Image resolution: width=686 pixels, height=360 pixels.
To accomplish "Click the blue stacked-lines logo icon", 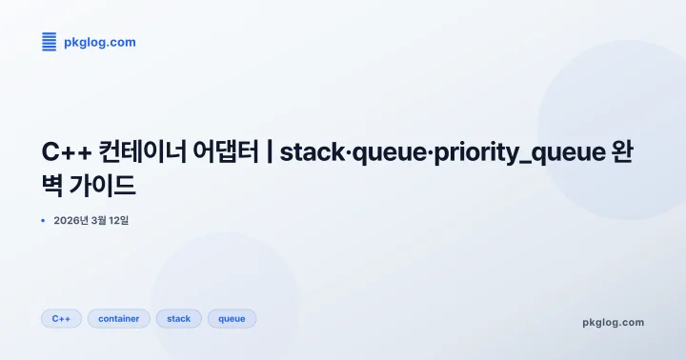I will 49,41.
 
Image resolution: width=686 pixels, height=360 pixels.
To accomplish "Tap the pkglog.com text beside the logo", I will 99,42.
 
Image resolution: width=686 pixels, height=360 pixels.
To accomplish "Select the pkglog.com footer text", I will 613,322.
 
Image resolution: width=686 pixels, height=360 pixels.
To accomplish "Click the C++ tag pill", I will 61,319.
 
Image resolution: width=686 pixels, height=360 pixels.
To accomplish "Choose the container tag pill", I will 119,319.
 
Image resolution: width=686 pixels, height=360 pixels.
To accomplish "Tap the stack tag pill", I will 179,319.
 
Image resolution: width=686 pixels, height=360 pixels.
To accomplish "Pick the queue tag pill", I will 232,319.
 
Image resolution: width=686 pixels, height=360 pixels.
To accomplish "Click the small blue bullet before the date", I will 43,220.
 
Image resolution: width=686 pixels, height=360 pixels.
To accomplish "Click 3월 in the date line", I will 100,221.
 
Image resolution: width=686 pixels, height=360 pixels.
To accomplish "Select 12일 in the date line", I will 119,221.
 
